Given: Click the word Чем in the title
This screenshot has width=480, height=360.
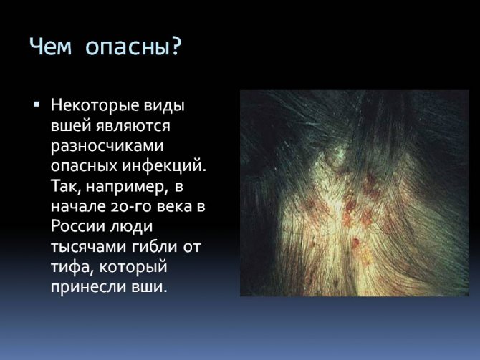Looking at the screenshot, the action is click(51, 47).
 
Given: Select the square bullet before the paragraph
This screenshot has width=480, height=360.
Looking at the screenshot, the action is click(37, 105).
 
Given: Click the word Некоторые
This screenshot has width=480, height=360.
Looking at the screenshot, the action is click(95, 105).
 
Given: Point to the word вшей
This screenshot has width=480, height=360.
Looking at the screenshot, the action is click(72, 126).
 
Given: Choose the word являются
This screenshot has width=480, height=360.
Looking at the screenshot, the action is click(133, 127).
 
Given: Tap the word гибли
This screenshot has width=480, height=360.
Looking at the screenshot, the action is click(155, 247).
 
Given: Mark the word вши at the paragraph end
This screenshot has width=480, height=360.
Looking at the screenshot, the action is click(150, 288).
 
